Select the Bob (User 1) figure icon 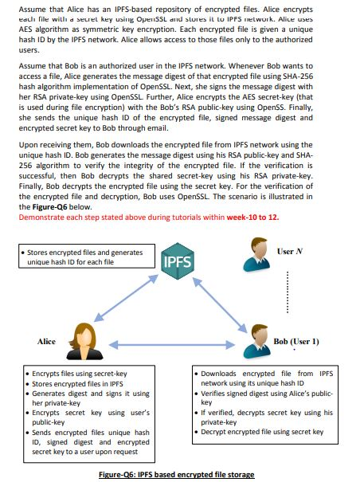pyautogui.click(x=256, y=335)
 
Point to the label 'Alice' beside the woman pyautogui.click(x=47, y=342)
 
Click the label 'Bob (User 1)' pyautogui.click(x=296, y=342)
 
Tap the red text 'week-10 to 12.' pyautogui.click(x=253, y=216)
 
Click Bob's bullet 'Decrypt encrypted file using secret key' pyautogui.click(x=263, y=432)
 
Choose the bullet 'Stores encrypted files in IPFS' pyautogui.click(x=80, y=383)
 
